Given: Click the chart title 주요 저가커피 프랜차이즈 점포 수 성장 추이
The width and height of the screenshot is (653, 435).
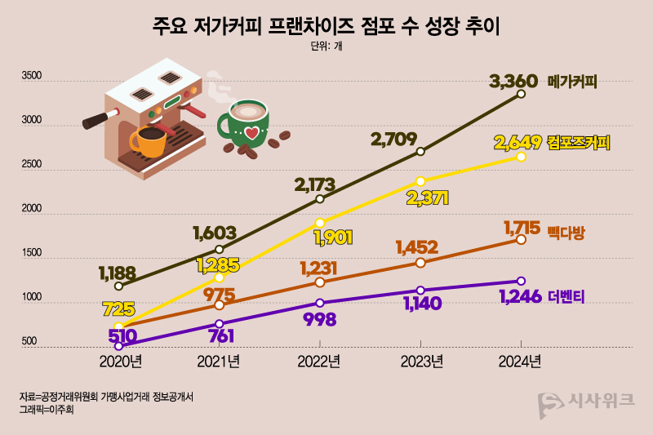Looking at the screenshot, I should click(326, 26).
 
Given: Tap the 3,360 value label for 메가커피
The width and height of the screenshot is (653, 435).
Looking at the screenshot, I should click(513, 81).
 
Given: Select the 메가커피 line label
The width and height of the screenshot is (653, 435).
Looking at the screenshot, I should click(574, 82).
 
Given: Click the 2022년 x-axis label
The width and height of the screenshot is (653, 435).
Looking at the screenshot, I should click(319, 361).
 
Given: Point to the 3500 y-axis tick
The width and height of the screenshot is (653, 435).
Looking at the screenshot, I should click(31, 76).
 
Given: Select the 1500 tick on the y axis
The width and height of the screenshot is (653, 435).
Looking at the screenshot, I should click(31, 254).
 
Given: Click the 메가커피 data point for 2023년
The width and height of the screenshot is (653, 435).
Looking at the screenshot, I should click(420, 152).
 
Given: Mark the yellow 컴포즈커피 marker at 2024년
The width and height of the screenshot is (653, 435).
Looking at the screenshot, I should click(522, 157).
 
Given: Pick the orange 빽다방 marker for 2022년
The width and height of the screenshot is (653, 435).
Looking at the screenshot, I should click(320, 282).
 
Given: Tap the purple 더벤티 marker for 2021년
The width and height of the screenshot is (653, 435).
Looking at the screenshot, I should click(219, 324).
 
